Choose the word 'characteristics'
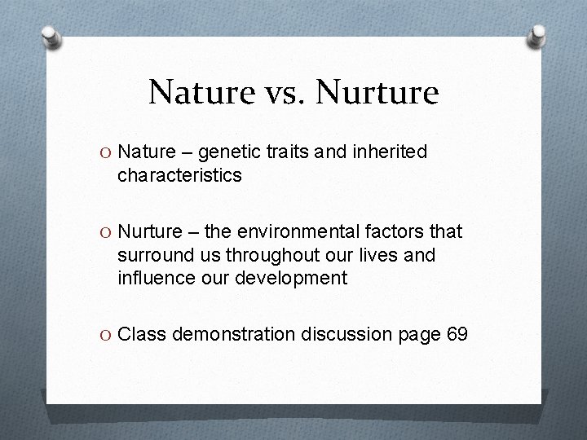[x=179, y=175]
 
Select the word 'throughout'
[x=262, y=255]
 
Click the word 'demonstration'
[x=223, y=335]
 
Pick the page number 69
[x=457, y=335]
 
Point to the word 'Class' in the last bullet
[x=142, y=335]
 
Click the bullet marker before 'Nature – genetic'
[x=107, y=152]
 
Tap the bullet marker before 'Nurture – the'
[x=107, y=232]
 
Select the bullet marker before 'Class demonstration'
[x=107, y=335]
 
